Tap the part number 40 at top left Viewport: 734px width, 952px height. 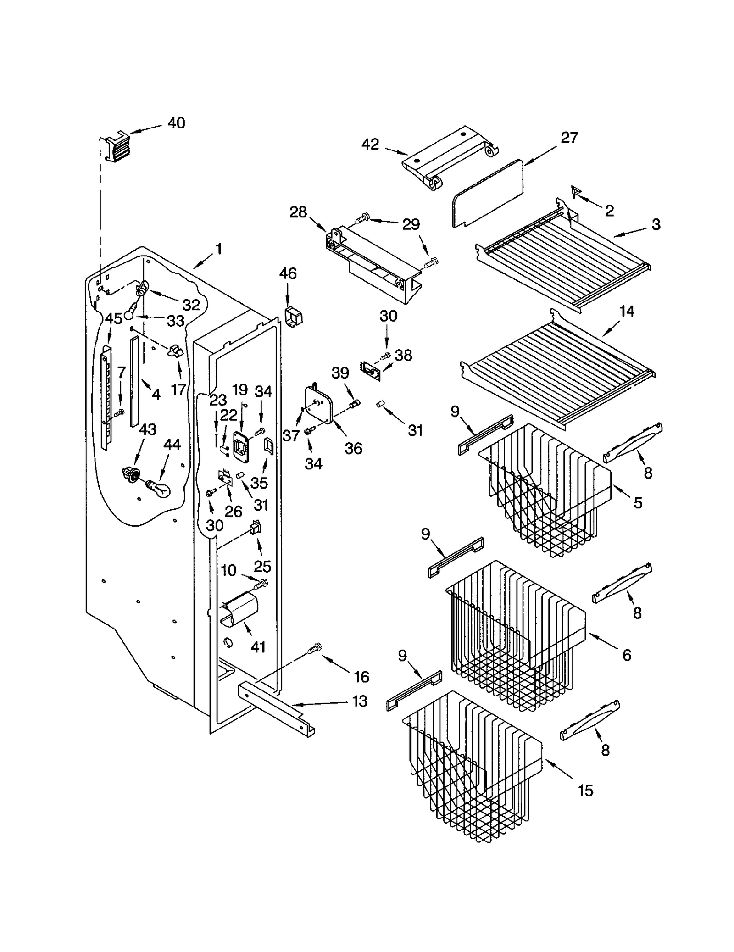pos(176,123)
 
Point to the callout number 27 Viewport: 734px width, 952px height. pos(569,137)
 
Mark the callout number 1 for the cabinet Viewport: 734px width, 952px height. pos(219,249)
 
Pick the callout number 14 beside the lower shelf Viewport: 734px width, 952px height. pos(627,312)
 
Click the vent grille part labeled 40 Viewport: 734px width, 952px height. pos(115,146)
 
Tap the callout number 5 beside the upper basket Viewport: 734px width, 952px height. pos(638,503)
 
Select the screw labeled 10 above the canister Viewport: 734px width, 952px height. pos(262,584)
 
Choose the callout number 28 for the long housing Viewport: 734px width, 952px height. pos(298,212)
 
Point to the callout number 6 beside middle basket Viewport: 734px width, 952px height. pos(627,655)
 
